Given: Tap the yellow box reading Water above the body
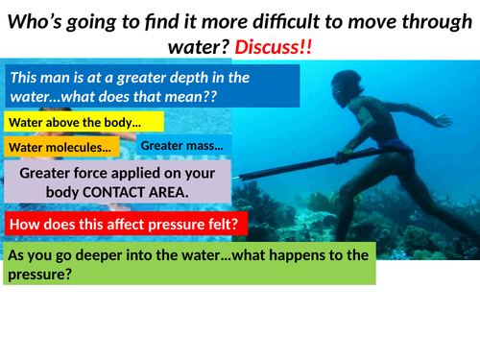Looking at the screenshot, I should (x=84, y=122).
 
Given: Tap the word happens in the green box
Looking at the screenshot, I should (x=286, y=256).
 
